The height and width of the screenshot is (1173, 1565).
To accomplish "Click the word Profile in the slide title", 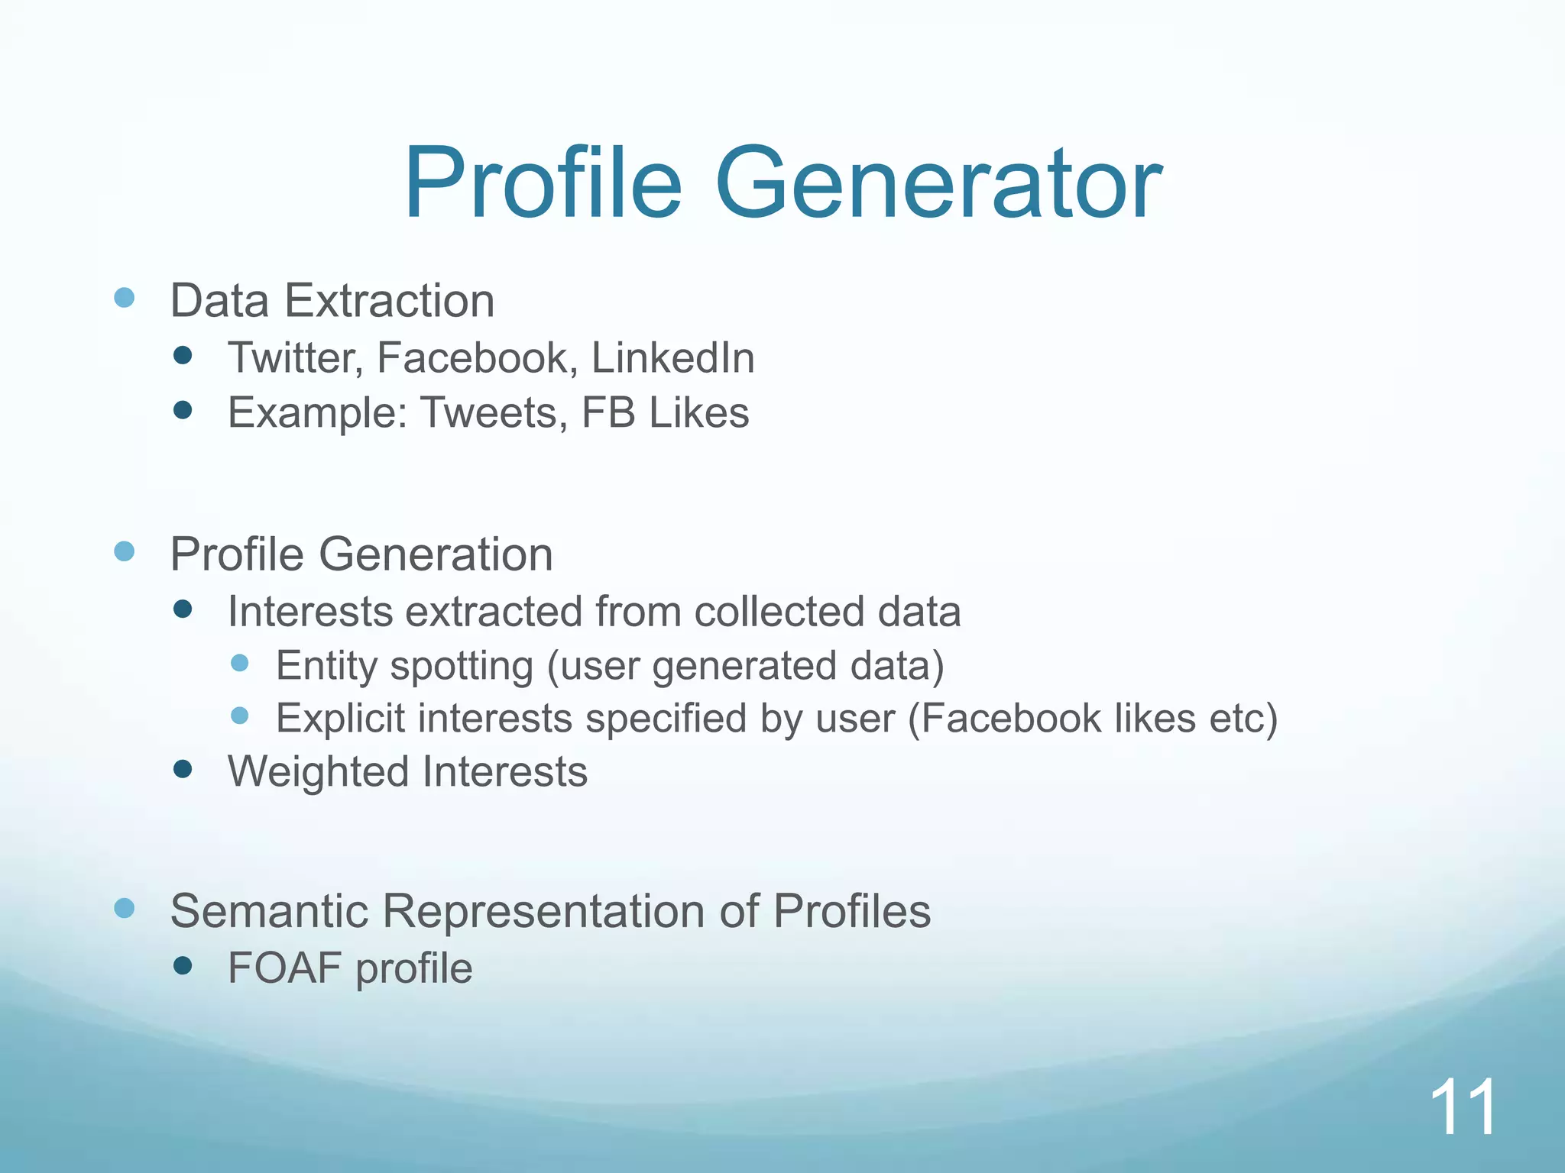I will click(543, 185).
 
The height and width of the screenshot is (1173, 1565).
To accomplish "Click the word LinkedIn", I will click(672, 358).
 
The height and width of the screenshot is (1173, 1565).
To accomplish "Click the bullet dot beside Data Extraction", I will click(125, 298).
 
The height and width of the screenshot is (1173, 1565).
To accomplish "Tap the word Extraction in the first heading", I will click(390, 301).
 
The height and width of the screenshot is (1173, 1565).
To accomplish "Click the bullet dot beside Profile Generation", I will click(125, 551).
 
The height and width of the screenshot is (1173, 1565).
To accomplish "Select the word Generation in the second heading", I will click(436, 554).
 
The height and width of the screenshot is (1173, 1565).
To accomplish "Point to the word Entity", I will click(327, 666).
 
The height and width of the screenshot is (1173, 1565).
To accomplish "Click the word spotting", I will click(462, 666).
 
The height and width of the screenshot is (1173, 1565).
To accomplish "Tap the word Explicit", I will click(340, 719).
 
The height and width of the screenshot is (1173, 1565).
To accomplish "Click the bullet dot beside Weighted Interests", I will click(183, 769).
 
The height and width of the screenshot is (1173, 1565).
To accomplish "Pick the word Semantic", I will click(269, 911).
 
